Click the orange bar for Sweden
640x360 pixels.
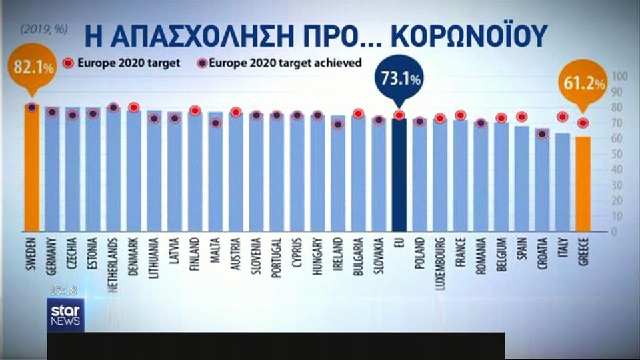32,167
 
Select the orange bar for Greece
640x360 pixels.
583,183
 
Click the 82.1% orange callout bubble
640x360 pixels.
31,69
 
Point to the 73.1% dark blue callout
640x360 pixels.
399,79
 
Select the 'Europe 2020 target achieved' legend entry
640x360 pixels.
280,63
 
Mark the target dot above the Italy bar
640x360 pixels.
563,117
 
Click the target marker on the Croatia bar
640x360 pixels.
543,134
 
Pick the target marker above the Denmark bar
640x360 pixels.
133,107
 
